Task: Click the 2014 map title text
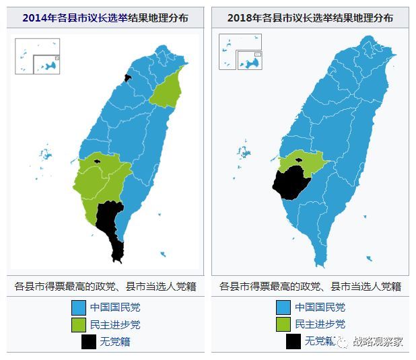(105, 17)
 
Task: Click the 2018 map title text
(310, 17)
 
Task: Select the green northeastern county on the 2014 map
(168, 87)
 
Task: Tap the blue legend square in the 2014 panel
(79, 308)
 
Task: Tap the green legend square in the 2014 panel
(79, 324)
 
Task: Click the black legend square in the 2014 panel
(88, 341)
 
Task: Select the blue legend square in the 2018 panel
(283, 308)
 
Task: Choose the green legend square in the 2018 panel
(283, 324)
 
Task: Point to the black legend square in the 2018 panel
(293, 341)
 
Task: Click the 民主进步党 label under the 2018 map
(320, 324)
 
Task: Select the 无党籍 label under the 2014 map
(115, 341)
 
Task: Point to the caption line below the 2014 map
(105, 286)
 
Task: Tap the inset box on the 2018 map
(240, 52)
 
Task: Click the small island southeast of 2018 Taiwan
(369, 258)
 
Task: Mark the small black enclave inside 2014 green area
(98, 161)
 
